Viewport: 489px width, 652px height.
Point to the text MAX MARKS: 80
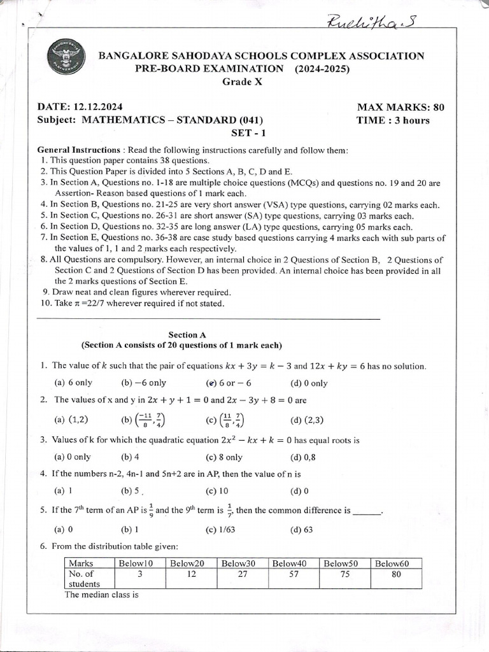400,106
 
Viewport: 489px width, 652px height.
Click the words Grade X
242,81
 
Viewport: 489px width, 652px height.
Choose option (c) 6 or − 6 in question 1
229,383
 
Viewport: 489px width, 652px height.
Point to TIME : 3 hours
393,120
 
